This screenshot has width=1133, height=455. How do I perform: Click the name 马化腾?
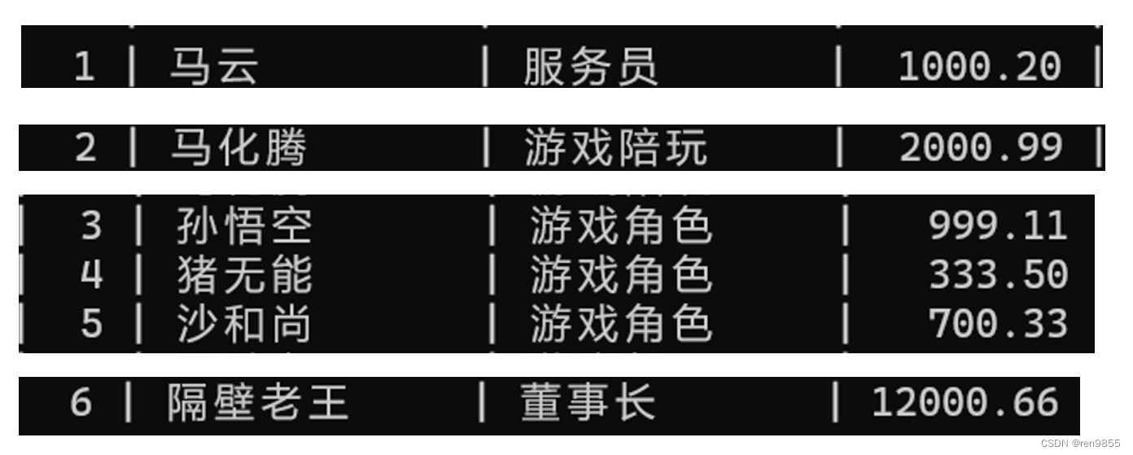238,148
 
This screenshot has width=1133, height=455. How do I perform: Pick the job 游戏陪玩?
615,148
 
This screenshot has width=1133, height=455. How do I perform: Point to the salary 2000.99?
981,148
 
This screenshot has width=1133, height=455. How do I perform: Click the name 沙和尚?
244,324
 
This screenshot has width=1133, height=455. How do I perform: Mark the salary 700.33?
998,324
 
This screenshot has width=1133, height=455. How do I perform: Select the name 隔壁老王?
257,402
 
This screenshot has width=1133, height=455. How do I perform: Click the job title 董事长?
588,402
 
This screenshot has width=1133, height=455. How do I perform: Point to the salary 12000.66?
965,402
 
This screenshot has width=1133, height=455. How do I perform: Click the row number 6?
81,402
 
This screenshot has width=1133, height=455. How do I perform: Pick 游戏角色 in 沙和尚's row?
621,324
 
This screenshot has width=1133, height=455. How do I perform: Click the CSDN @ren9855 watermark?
1079,444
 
